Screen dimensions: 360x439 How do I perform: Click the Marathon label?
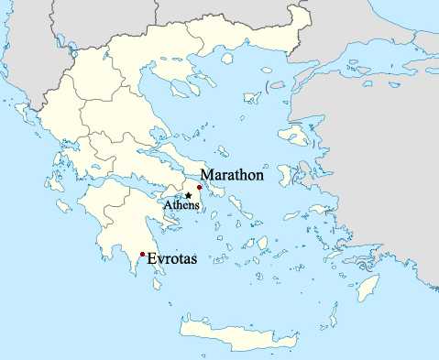point(233,174)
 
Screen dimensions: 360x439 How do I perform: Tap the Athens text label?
point(180,205)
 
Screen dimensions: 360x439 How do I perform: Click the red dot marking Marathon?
point(200,186)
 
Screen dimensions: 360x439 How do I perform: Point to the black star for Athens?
point(188,195)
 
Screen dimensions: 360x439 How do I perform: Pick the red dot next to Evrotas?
point(142,254)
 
